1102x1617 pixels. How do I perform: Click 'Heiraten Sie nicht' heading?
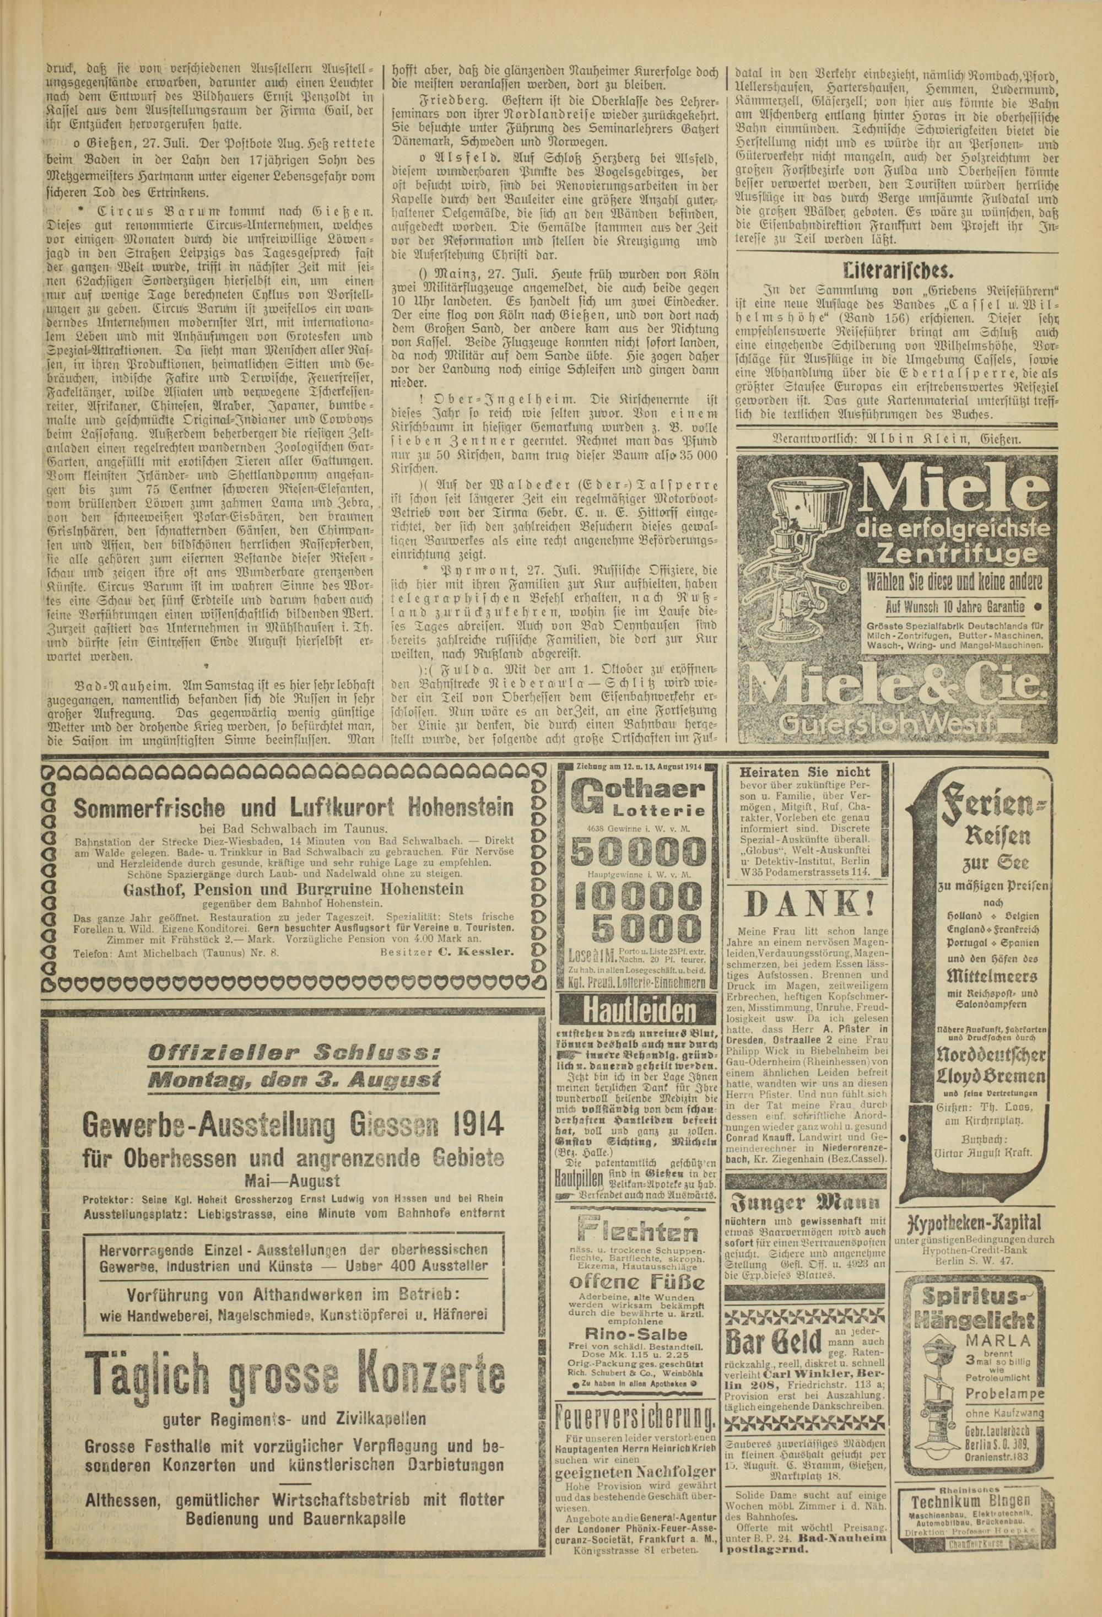click(x=806, y=772)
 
